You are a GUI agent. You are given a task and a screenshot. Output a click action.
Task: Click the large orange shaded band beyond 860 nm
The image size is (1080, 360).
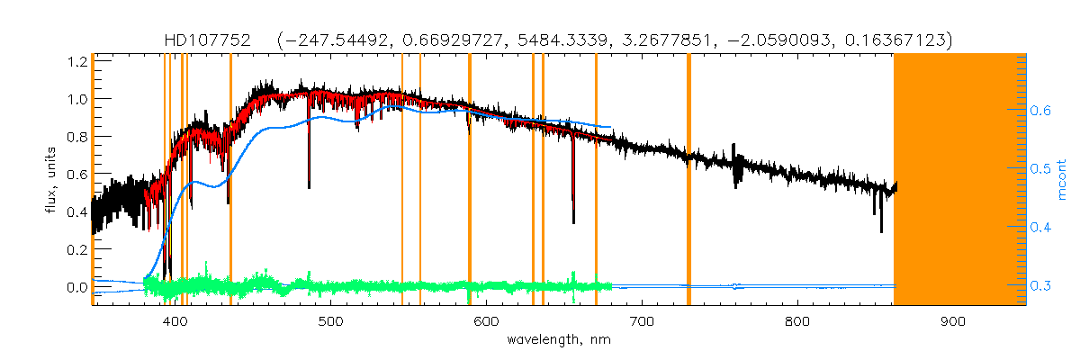pyautogui.click(x=959, y=180)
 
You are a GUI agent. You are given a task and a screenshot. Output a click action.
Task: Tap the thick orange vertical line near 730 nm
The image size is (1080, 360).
pyautogui.click(x=688, y=180)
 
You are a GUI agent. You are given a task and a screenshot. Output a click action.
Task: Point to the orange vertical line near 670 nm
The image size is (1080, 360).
pyautogui.click(x=596, y=180)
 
